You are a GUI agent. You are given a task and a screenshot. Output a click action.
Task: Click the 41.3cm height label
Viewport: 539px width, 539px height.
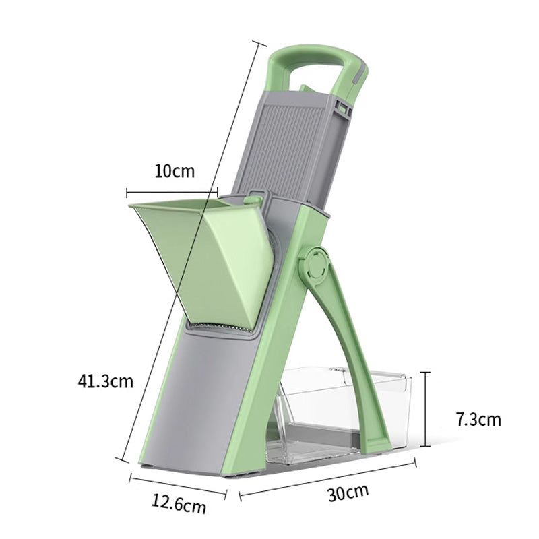[105, 382]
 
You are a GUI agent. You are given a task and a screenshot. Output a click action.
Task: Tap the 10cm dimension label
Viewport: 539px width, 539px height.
[174, 170]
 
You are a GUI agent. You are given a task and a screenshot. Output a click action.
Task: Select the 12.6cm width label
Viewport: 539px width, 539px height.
[179, 503]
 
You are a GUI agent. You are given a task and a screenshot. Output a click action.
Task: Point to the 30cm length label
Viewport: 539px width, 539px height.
[348, 493]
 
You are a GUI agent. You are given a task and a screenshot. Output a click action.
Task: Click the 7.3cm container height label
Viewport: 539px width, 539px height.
[478, 420]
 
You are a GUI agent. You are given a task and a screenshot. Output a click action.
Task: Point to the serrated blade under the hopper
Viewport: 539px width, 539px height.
[222, 329]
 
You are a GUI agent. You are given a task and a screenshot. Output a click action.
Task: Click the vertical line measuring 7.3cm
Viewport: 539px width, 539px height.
[425, 408]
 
